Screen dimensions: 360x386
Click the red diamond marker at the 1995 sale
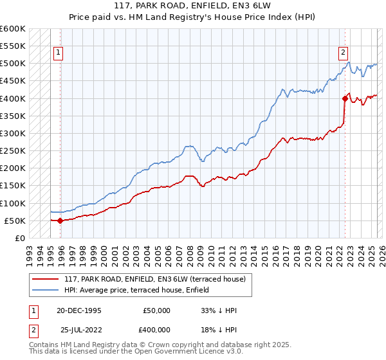coord(60,221)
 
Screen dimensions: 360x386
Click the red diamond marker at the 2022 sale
coord(345,98)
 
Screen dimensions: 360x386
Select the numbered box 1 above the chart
coord(59,53)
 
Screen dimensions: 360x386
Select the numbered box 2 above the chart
coord(344,53)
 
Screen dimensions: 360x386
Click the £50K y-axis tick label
coord(15,221)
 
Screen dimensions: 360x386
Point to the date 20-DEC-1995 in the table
coord(78,310)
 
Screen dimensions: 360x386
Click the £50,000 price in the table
coord(156,310)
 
